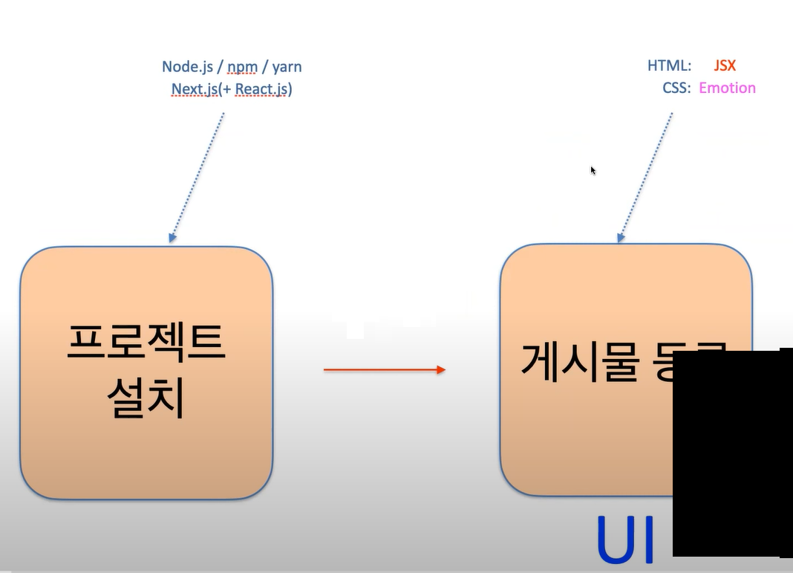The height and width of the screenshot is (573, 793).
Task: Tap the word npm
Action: point(243,67)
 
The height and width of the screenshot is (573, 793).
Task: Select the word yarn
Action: point(287,67)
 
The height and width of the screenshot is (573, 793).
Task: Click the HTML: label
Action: point(670,66)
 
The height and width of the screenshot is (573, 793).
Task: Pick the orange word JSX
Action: point(725,66)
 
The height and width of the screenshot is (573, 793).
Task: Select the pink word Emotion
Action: point(727,88)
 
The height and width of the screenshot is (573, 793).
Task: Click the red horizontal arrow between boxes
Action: point(383,369)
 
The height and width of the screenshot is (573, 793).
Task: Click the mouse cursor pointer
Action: point(593,170)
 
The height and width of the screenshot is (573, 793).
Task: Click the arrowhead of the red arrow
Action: point(441,369)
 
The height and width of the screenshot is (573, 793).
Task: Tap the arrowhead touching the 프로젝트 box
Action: point(172,238)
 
